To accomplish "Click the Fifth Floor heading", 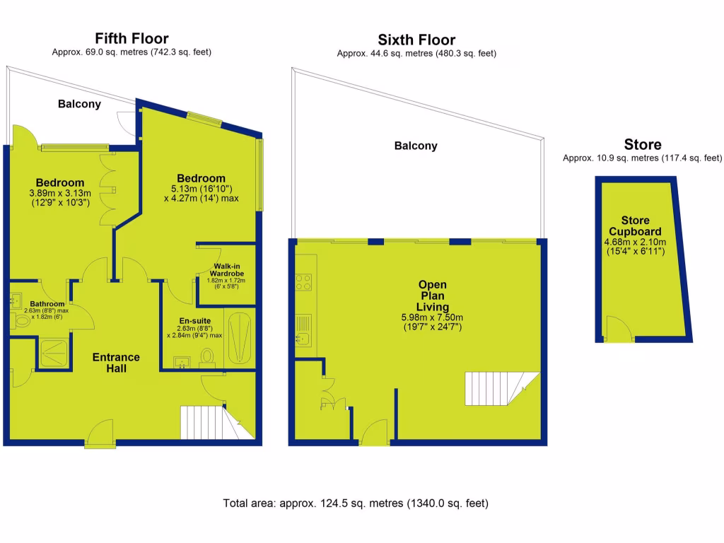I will (x=132, y=38).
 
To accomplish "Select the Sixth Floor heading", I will (x=416, y=40).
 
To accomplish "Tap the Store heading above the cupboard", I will (x=642, y=145).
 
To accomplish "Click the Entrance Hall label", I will (x=116, y=363).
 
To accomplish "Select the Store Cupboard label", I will (x=636, y=226).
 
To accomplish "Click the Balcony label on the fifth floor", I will (x=79, y=104).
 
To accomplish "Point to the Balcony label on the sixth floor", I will (x=416, y=146).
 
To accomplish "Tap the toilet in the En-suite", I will (x=208, y=355).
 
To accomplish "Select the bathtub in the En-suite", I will (x=240, y=338).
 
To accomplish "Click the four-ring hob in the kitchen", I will (x=304, y=282).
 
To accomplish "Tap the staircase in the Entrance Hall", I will (x=209, y=422).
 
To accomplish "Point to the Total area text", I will (x=356, y=504).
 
